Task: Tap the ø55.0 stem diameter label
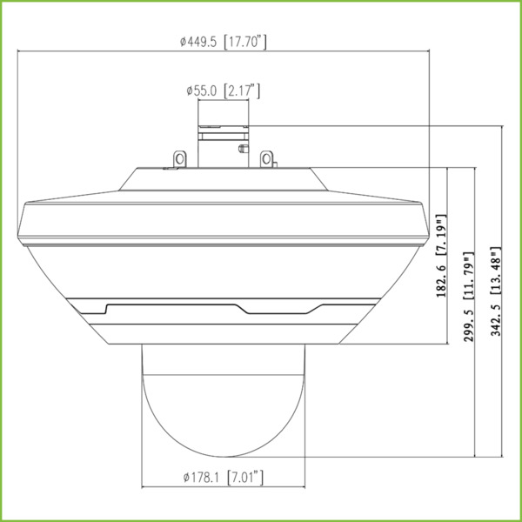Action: pos(203,90)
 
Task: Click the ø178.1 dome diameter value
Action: pos(202,477)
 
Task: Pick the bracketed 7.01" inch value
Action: pos(245,477)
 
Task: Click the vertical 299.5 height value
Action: pos(470,321)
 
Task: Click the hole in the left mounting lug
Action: pos(180,159)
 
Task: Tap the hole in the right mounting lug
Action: pos(267,159)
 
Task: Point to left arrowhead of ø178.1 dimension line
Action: pos(144,487)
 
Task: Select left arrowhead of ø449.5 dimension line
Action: pos(21,50)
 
